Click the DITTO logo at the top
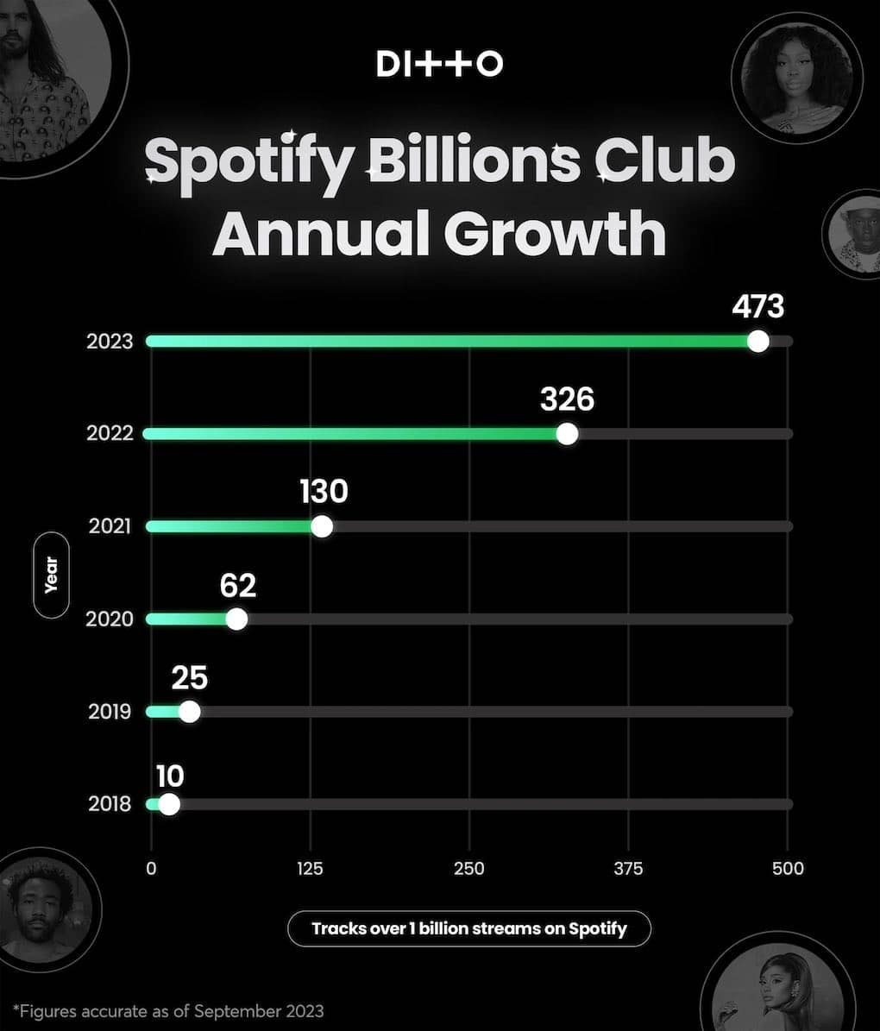(x=439, y=64)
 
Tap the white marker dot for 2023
(x=758, y=341)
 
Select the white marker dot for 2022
(x=567, y=433)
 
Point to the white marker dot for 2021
(x=322, y=526)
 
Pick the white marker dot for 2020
(x=236, y=619)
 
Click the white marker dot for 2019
(x=189, y=712)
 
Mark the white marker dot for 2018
(x=169, y=804)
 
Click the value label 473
(x=757, y=306)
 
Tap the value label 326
(x=567, y=399)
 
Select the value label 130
(x=324, y=492)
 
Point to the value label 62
(x=238, y=585)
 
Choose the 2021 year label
(x=110, y=526)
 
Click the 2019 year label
(x=110, y=712)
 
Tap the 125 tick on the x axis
(x=310, y=869)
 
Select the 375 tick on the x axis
(x=628, y=869)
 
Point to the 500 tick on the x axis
(x=787, y=869)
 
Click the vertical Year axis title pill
(x=51, y=575)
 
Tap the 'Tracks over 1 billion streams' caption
(x=468, y=929)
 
